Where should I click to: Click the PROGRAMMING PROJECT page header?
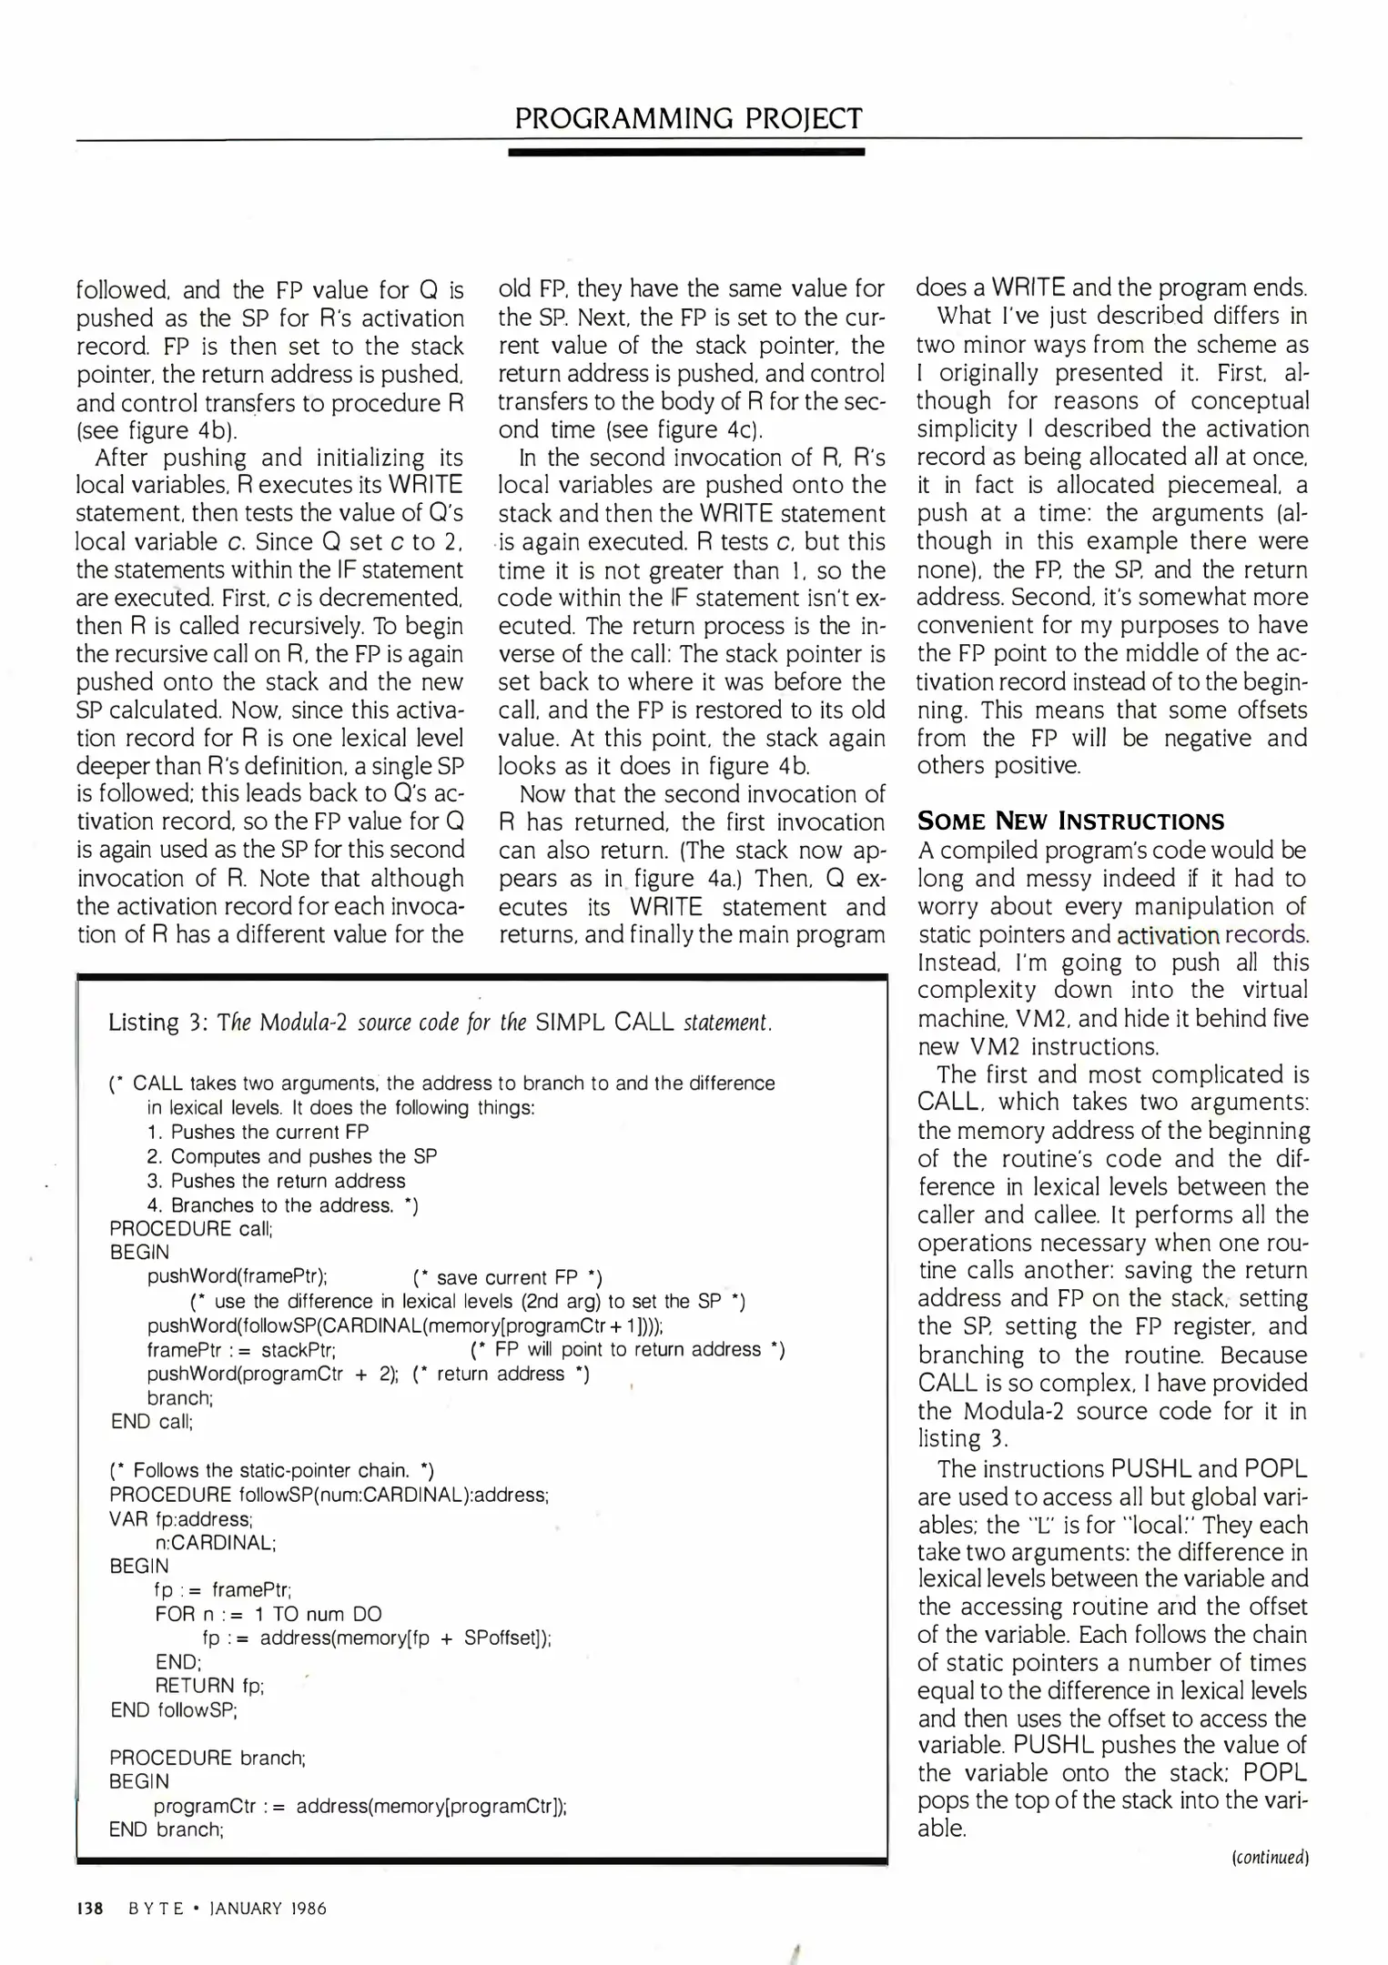click(x=687, y=118)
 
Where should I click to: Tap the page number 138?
click(x=89, y=1908)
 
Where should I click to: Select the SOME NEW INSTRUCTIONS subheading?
click(x=1070, y=821)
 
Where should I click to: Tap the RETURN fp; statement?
click(x=209, y=1686)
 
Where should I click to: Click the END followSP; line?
click(x=174, y=1710)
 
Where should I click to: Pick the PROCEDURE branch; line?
click(x=207, y=1758)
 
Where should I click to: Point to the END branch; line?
click(x=167, y=1829)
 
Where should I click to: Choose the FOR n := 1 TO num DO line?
click(x=268, y=1614)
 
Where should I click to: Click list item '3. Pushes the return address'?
click(x=276, y=1181)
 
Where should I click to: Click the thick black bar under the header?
click(x=686, y=152)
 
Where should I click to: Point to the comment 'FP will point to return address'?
click(x=628, y=1349)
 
